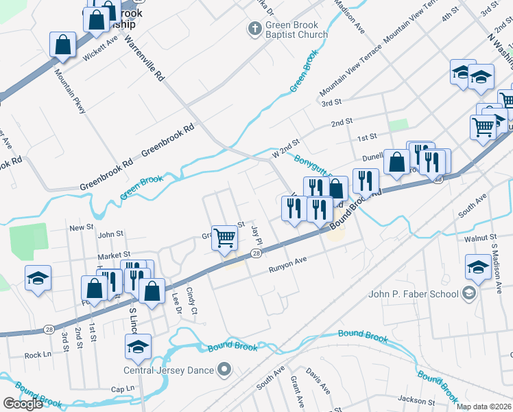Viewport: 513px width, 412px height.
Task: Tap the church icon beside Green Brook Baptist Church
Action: tap(254, 29)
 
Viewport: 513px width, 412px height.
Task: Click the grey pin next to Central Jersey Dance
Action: tap(224, 371)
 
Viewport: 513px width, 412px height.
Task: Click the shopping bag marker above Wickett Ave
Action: tap(62, 46)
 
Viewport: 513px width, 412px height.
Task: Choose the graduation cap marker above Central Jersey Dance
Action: tap(138, 348)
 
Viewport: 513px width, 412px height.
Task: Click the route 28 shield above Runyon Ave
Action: tap(255, 254)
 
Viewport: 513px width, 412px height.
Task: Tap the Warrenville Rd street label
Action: tap(145, 59)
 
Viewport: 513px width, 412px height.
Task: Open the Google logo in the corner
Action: tap(23, 403)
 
